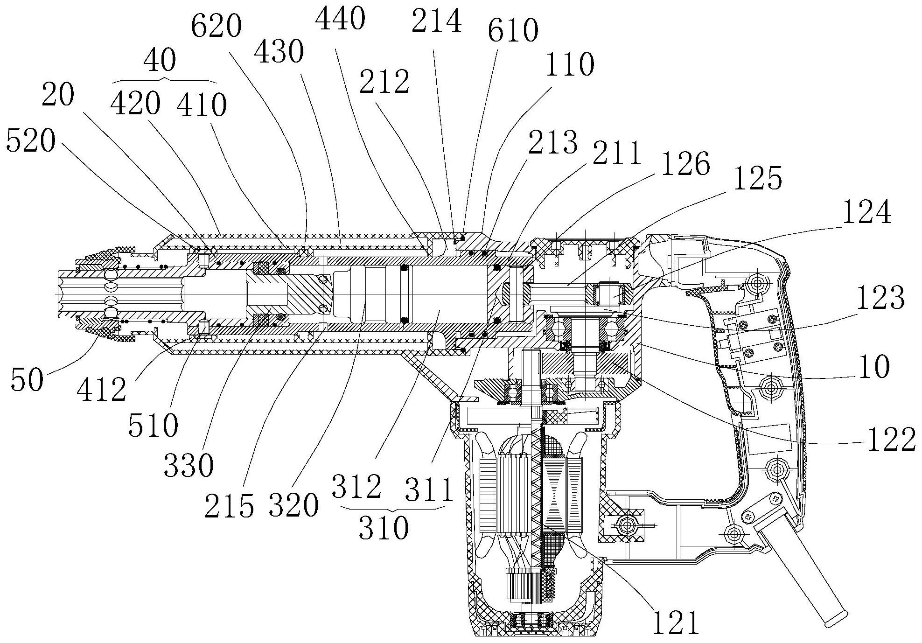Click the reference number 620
pos(217,27)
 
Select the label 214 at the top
pos(436,21)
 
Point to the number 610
pos(513,30)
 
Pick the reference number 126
pos(685,164)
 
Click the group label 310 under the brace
pos(384,528)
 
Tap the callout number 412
pos(102,389)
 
